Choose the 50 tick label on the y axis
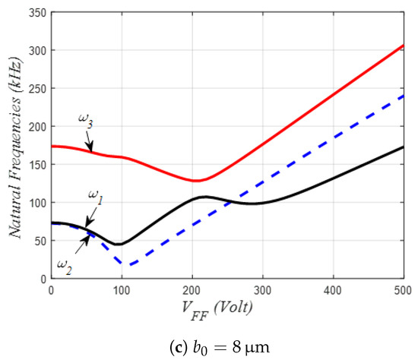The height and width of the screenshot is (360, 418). tap(37, 241)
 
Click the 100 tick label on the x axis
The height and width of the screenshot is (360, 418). tap(122, 289)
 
